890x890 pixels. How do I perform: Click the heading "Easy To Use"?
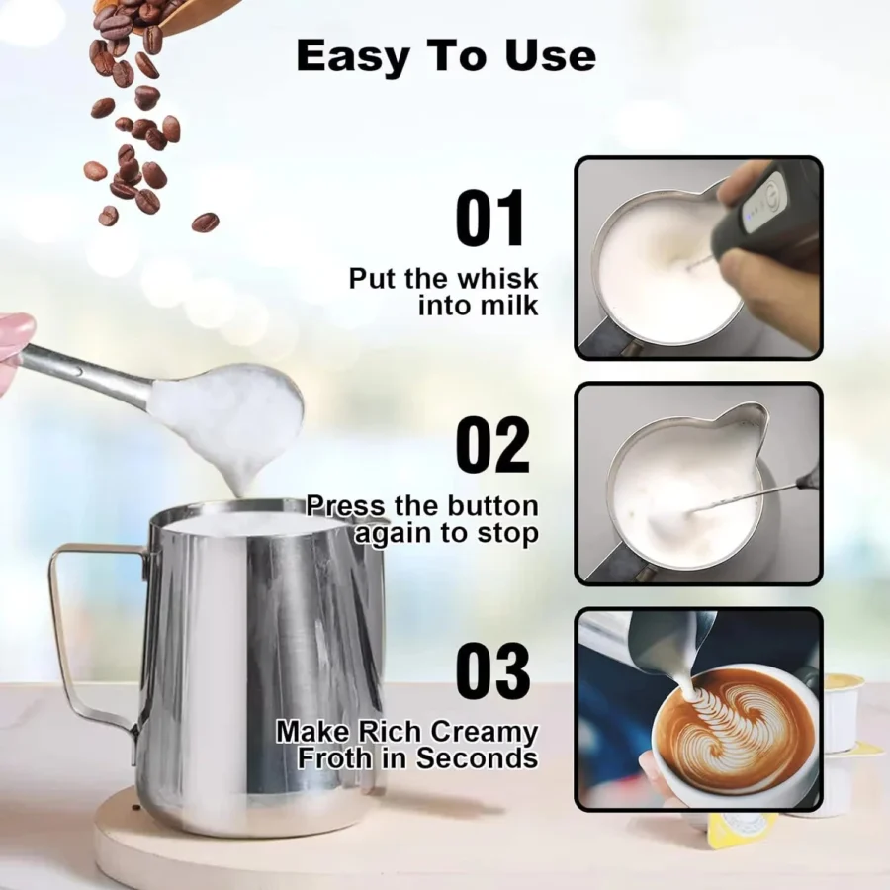point(446,56)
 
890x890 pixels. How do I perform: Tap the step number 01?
point(491,220)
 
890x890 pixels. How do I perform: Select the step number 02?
point(491,445)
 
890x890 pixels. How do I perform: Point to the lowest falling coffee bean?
point(205,222)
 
